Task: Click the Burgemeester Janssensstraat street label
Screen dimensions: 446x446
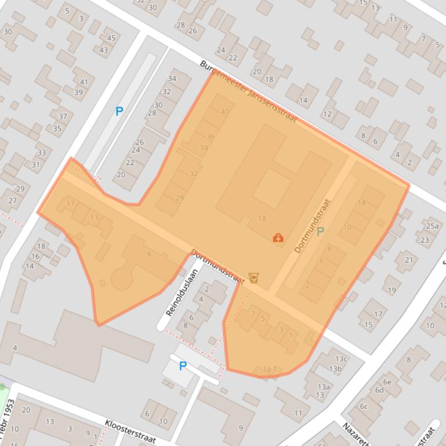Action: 248,92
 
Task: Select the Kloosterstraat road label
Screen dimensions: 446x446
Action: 130,431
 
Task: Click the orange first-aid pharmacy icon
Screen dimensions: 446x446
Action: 278,237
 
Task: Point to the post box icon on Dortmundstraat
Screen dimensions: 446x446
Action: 253,278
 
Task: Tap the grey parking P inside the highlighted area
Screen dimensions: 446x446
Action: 320,232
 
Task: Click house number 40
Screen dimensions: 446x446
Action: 225,112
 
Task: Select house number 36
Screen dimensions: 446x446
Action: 211,137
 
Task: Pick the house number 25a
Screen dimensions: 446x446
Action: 432,226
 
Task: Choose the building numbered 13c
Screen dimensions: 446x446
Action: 341,359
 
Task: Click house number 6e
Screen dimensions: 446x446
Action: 387,382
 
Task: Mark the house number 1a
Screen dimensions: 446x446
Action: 267,369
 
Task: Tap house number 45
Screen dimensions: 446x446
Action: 111,38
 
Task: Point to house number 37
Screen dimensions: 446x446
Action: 63,116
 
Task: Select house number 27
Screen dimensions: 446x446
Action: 13,200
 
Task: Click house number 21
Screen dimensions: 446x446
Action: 408,260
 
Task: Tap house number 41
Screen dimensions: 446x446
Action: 84,82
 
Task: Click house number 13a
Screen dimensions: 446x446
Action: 323,387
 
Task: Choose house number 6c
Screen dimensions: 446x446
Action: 364,406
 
